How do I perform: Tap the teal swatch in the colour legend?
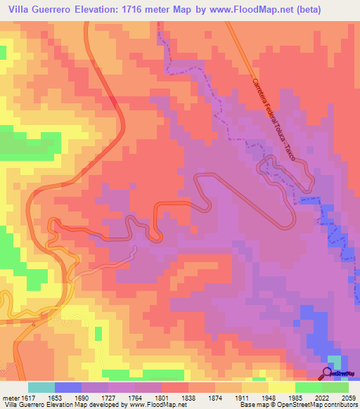click(41, 387)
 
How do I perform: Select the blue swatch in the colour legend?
click(68, 387)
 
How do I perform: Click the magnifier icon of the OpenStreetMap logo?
click(327, 373)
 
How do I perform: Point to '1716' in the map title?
click(144, 10)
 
